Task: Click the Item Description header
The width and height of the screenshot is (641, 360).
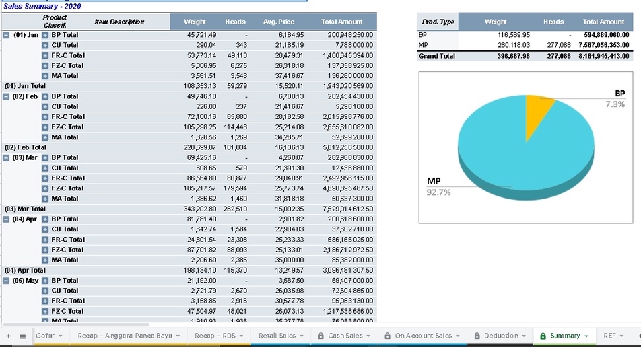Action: point(119,22)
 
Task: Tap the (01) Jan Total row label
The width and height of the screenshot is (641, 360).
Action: point(25,86)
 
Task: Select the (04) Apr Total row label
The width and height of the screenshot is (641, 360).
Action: point(25,271)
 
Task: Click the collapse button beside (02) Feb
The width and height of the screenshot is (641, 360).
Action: point(6,96)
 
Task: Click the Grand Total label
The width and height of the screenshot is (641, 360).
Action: point(437,56)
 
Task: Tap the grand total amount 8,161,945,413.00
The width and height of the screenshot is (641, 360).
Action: point(603,56)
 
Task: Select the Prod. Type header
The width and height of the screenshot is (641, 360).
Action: point(438,22)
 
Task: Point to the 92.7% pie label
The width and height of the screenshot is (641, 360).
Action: point(438,192)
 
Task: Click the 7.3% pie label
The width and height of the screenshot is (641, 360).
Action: point(614,104)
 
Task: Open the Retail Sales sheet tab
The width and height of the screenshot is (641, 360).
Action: point(277,336)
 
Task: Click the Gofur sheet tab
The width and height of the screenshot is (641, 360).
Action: point(45,336)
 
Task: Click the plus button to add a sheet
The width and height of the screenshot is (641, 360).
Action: point(9,336)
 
